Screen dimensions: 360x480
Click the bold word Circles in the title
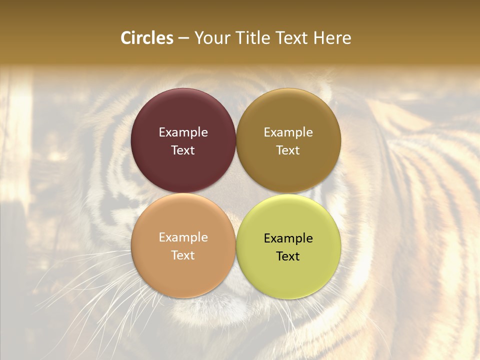[x=146, y=38]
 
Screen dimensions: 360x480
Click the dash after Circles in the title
[x=183, y=38]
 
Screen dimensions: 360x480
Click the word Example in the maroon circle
[x=183, y=132]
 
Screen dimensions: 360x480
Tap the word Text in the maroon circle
[x=183, y=150]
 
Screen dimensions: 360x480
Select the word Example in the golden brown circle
[x=288, y=132]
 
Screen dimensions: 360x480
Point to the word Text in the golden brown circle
[x=288, y=150]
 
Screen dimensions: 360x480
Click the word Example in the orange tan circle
[x=183, y=237]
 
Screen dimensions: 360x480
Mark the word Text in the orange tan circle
[x=183, y=255]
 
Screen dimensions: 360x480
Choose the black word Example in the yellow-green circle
[x=288, y=238]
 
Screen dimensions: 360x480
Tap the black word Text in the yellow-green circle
[x=288, y=256]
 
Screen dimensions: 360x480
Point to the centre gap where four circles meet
[x=236, y=193]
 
